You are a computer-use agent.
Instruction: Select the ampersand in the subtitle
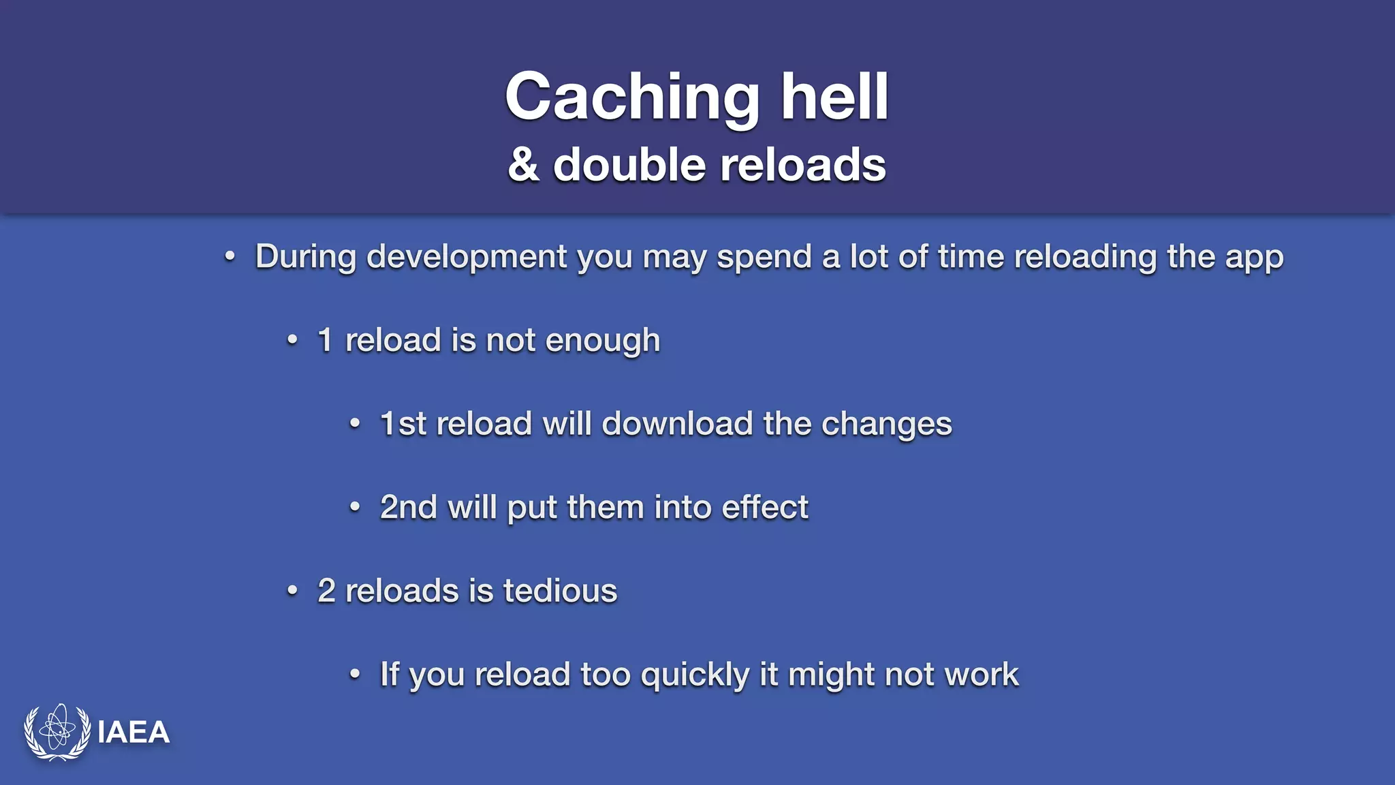point(523,166)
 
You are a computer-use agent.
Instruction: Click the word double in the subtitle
point(629,166)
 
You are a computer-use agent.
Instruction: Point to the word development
point(467,258)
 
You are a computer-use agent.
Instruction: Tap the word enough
point(603,341)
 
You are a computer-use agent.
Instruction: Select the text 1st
point(403,424)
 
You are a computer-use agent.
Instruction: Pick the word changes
point(886,425)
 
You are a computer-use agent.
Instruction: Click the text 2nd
point(408,508)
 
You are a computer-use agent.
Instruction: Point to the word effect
point(765,508)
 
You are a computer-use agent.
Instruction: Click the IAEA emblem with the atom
point(57,732)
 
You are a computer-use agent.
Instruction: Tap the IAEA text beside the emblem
point(134,733)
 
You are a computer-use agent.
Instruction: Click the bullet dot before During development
point(230,257)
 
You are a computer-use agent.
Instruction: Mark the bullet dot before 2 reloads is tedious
point(292,590)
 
